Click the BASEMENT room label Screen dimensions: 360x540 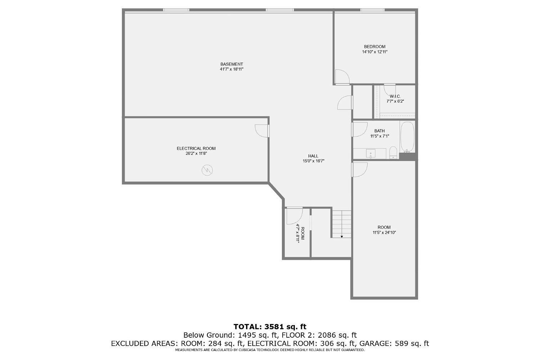(x=231, y=64)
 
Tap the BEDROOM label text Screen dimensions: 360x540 (x=374, y=46)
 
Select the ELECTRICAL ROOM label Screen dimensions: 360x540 (x=196, y=148)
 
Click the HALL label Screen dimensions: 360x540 (x=313, y=156)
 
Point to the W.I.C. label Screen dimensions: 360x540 (x=395, y=96)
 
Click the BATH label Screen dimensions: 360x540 (x=379, y=131)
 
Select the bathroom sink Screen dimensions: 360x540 (x=371, y=153)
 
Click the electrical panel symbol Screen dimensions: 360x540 (x=207, y=170)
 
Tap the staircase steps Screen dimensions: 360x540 (x=341, y=223)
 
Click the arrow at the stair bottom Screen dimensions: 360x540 (x=342, y=237)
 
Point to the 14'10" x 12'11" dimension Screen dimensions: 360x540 (x=374, y=52)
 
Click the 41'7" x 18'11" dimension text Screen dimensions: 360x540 (x=231, y=69)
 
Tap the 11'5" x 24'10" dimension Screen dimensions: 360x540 (x=384, y=233)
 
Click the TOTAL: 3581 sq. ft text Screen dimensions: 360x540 (x=270, y=327)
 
